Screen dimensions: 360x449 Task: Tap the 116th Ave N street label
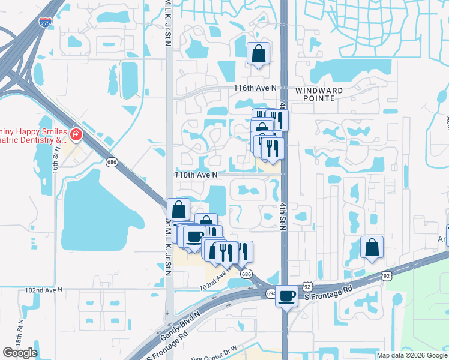255,88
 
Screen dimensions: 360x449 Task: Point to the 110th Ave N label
196,174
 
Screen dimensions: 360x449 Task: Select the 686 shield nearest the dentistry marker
111,161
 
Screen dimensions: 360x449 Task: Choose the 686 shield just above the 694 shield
246,274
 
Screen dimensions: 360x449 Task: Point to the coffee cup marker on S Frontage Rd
287,295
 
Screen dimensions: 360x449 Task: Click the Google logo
20,353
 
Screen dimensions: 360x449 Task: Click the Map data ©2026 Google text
412,355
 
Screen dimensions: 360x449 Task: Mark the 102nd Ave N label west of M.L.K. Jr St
44,289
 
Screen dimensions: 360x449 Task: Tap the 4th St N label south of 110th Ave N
282,216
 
